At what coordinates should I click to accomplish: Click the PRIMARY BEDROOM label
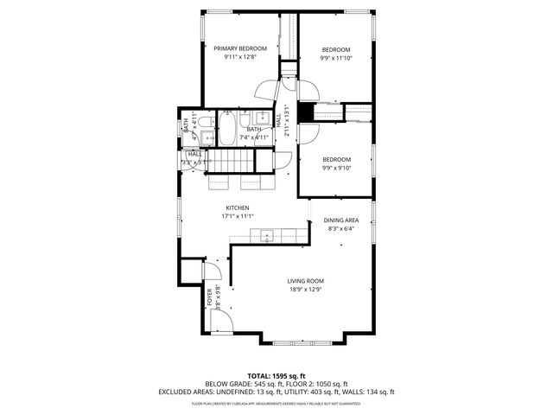(x=240, y=48)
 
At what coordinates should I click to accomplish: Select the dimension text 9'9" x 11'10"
(x=336, y=59)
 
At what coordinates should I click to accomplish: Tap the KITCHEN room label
(x=238, y=208)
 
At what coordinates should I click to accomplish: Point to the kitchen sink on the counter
(x=269, y=234)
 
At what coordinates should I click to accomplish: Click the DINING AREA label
(x=341, y=220)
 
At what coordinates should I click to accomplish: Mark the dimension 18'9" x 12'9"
(x=305, y=290)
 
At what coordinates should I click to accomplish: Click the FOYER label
(x=208, y=297)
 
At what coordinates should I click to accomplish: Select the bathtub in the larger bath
(x=226, y=130)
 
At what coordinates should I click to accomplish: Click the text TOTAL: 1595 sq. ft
(x=276, y=376)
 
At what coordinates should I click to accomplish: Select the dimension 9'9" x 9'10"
(x=336, y=169)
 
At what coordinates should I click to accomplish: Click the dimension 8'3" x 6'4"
(x=341, y=229)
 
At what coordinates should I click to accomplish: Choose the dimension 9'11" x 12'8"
(x=240, y=58)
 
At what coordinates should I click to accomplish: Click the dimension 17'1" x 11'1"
(x=238, y=217)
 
